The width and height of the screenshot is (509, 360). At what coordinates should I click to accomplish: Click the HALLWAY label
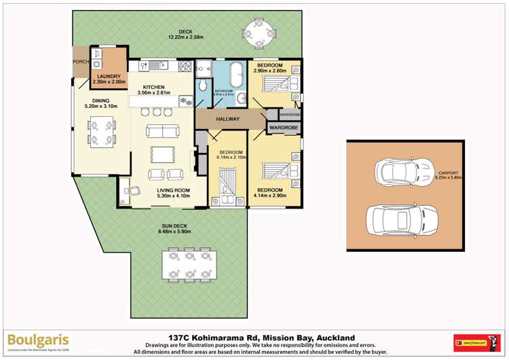pos(228,120)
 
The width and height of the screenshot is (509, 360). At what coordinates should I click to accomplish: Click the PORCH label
pos(81,62)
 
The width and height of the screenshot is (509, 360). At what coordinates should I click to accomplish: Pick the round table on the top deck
pos(258,29)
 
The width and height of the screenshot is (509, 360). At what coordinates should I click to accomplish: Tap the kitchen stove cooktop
pos(185,67)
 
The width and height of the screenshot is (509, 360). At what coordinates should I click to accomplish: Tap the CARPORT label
pos(449,173)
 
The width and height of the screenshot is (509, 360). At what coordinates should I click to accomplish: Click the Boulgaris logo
pos(39,339)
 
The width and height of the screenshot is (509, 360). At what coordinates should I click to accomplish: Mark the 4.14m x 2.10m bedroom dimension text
pos(231,158)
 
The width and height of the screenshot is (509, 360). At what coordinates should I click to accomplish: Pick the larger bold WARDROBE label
pos(284,127)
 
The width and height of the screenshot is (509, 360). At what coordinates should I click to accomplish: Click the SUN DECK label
pos(175,226)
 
